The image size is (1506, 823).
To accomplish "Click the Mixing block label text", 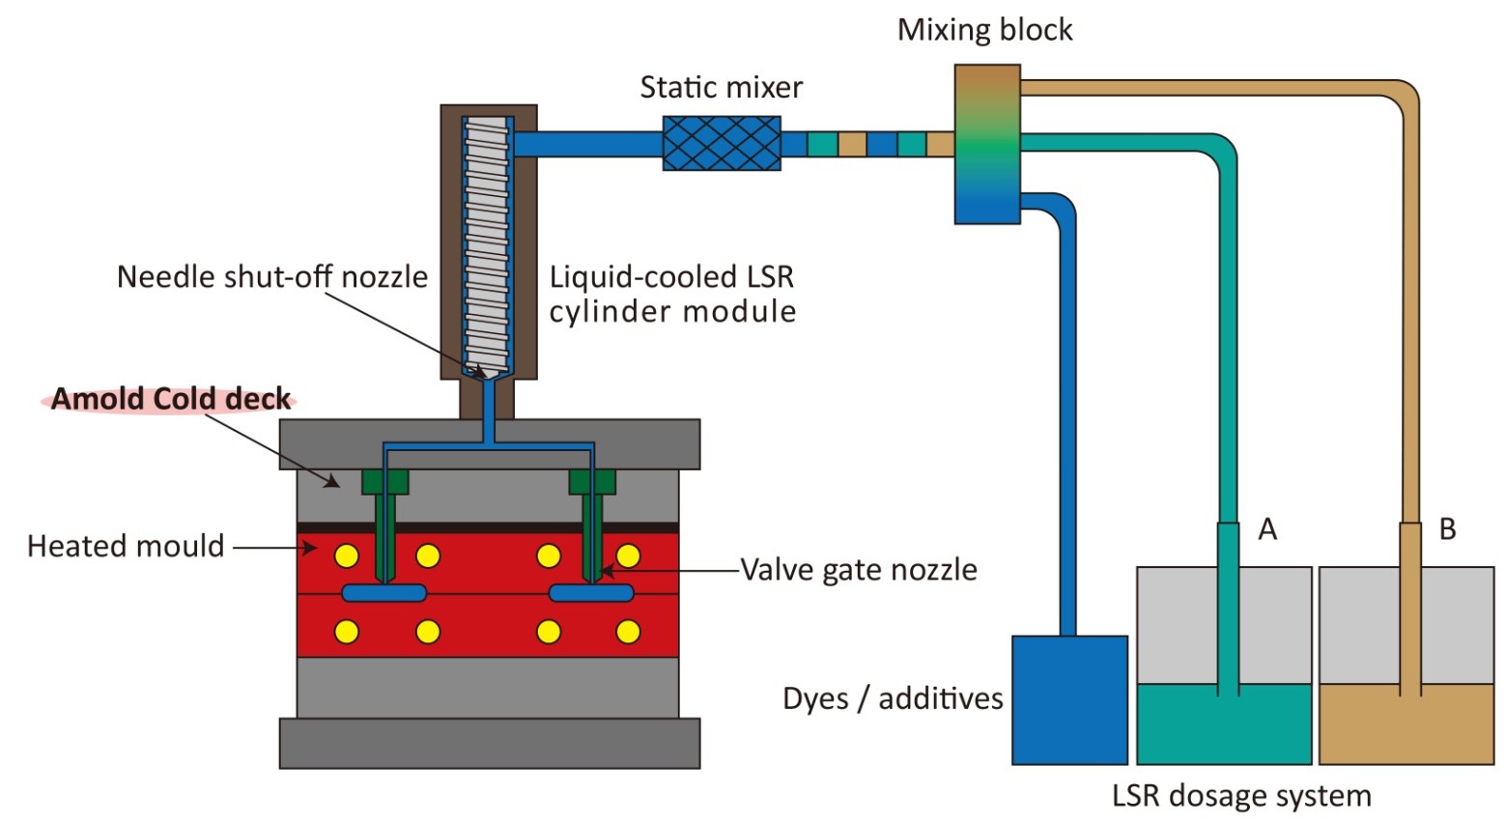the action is pos(985,30).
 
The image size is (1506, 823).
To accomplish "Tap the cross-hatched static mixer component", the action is pos(722,143).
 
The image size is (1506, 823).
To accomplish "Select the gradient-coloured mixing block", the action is pos(987,144).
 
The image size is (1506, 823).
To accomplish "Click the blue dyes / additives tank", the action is pos(1069,700).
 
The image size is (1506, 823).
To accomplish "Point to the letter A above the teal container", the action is pos(1267,529).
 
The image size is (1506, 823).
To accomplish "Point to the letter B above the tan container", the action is pos(1447,529).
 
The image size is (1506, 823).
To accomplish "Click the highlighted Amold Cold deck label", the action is pos(171,399).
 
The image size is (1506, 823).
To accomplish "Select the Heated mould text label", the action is pos(125,546).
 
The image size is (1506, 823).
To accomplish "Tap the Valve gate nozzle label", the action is pos(859,570).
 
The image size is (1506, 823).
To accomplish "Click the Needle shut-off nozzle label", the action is pos(272,277).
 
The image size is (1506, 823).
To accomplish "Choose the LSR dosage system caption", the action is pos(1241,796).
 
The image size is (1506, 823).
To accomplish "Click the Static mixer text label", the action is pos(722,87).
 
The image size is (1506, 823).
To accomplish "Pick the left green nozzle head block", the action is pos(384,482).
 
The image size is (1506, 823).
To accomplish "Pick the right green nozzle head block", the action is pos(591,482).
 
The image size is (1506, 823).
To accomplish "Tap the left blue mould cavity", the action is pos(384,593).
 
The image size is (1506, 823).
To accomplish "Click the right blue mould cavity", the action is pos(591,593).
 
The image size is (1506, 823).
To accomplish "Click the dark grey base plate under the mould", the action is pos(490,743).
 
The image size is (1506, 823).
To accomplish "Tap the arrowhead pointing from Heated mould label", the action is pos(308,548).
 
